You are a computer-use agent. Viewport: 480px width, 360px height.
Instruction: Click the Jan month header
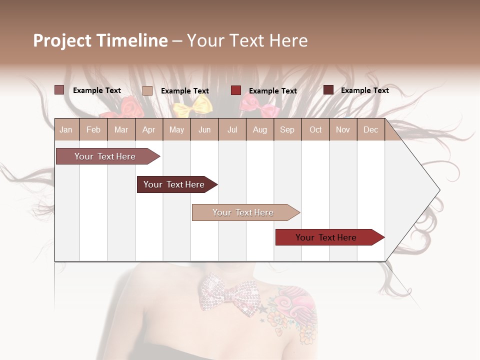[x=66, y=130]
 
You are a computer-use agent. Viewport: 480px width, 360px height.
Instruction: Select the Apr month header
[x=148, y=130]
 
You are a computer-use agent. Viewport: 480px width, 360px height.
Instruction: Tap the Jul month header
[x=232, y=130]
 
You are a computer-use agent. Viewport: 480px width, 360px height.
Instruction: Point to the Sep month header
[x=287, y=130]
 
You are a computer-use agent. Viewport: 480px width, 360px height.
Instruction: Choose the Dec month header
[x=370, y=130]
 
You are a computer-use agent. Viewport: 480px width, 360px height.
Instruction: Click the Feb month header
[x=93, y=130]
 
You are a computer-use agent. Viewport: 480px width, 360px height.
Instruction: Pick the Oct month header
[x=315, y=130]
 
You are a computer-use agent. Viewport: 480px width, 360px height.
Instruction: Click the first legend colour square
[x=59, y=90]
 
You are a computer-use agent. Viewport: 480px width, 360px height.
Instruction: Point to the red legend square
[x=236, y=90]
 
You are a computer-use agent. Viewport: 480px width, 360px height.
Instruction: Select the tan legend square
[x=147, y=90]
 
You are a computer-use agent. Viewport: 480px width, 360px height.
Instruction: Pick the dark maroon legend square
[x=328, y=90]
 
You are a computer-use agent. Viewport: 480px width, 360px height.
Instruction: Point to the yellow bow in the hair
[x=192, y=105]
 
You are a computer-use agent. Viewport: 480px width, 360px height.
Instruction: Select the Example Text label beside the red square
[x=272, y=91]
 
